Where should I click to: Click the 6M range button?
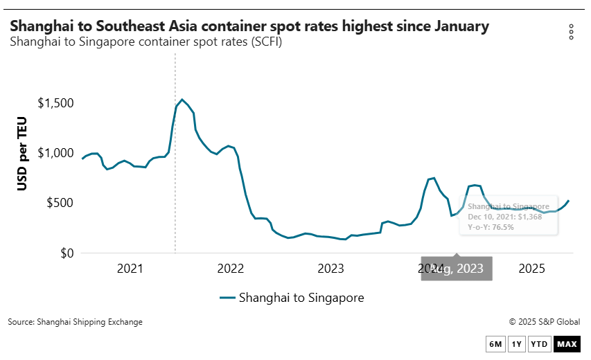pos(495,344)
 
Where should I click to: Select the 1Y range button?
pos(516,344)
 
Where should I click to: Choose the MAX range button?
pos(566,344)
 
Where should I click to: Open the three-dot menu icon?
pos(571,32)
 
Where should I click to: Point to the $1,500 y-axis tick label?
pos(55,103)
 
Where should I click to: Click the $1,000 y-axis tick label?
pos(55,153)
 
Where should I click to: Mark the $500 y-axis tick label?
pos(61,204)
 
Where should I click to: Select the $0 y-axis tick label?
pos(67,253)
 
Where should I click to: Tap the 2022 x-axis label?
pos(230,269)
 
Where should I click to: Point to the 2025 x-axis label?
pos(531,269)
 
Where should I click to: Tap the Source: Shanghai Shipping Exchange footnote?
pos(75,322)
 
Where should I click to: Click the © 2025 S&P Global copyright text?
pos(544,322)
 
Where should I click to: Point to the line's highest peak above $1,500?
pos(182,100)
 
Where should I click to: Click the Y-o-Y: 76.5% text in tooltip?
pos(491,227)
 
